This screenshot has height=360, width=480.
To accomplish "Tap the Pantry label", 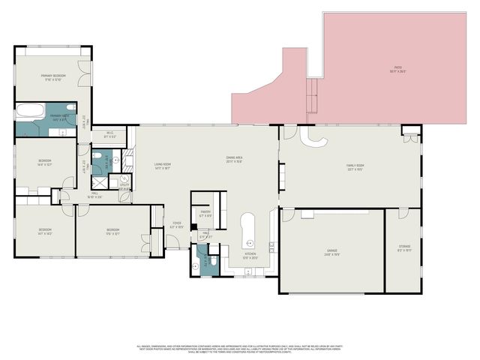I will tap(205, 213).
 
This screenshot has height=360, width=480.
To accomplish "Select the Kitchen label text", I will tap(250, 255).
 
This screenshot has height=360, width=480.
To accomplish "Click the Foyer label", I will tap(177, 223).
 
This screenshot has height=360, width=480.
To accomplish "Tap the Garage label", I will tap(331, 251).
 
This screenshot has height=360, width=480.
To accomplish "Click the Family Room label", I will tap(355, 166).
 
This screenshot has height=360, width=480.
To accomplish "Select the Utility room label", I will tap(124, 185).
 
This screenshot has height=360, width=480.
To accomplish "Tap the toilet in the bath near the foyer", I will tap(213, 260).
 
